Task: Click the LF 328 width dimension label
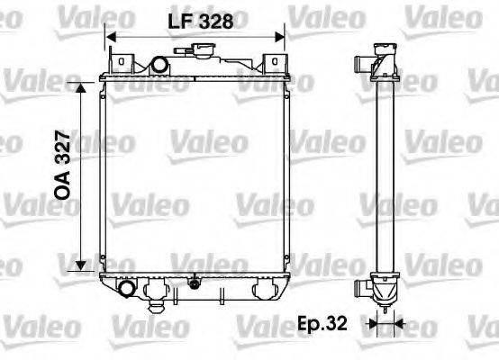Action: click(201, 22)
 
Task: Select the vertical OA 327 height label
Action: click(62, 165)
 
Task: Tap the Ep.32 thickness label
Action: click(322, 323)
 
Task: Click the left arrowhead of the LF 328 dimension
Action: click(111, 37)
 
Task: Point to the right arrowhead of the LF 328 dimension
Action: click(279, 37)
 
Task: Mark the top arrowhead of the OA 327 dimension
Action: click(81, 87)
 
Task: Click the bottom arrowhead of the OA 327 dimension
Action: click(81, 265)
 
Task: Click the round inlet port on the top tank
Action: click(159, 65)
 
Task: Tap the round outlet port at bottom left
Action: click(127, 288)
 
